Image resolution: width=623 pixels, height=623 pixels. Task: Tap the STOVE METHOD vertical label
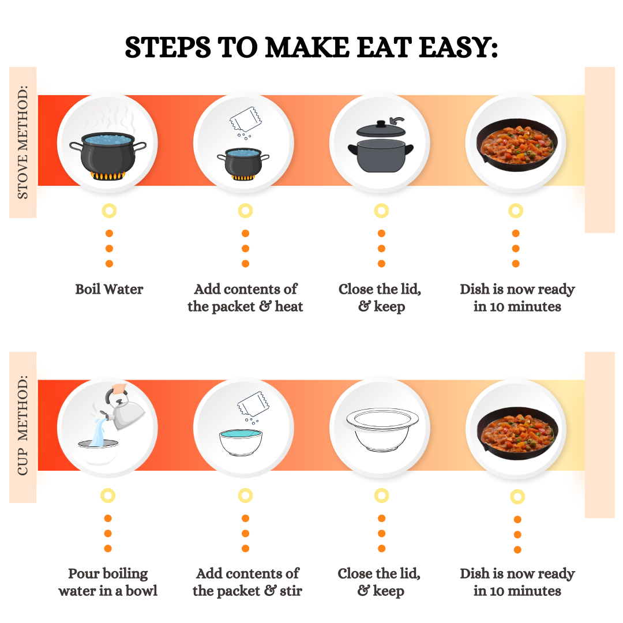[x=22, y=142]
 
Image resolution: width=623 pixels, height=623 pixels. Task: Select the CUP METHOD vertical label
[x=22, y=426]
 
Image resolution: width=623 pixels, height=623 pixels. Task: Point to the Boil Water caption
[x=109, y=289]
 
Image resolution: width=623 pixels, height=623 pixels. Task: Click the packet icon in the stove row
[x=246, y=119]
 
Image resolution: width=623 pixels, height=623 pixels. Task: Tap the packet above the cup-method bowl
[x=253, y=404]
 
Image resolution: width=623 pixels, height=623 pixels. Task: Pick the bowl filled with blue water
[x=241, y=442]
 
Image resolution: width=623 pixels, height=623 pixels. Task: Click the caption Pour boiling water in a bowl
[x=108, y=582]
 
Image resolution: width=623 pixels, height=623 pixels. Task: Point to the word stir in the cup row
[x=291, y=591]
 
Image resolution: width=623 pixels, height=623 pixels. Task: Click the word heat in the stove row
[x=289, y=306]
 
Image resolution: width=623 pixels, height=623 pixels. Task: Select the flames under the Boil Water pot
[x=108, y=175]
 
